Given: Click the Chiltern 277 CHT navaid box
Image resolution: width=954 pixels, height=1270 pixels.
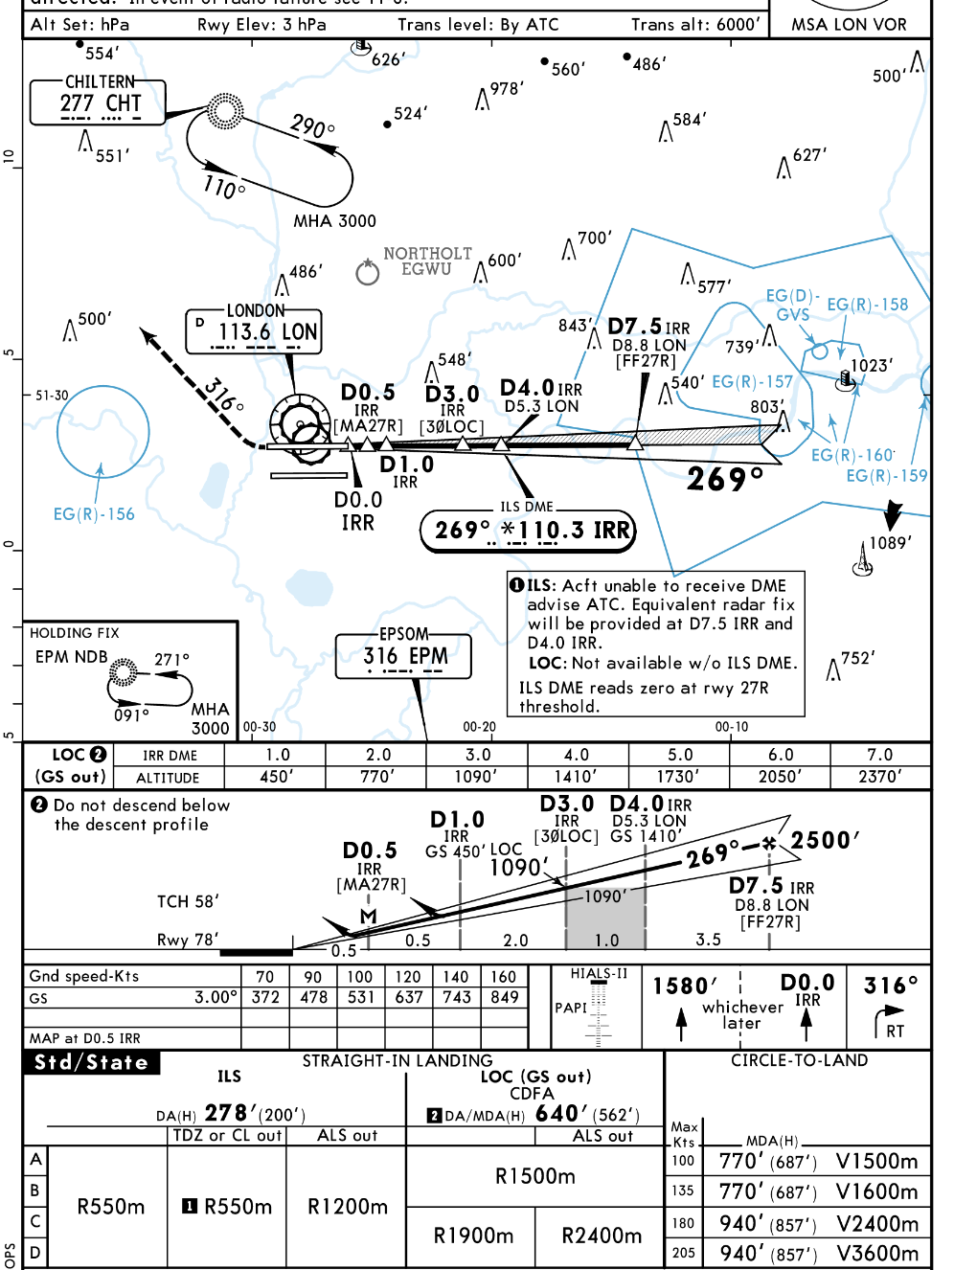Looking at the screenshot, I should tap(99, 102).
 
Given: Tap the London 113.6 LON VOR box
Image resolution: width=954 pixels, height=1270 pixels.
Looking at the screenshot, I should tap(254, 330).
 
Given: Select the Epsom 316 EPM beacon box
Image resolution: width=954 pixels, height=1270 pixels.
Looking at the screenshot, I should tap(403, 655).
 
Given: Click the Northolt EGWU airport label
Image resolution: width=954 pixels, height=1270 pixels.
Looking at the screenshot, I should tap(427, 261).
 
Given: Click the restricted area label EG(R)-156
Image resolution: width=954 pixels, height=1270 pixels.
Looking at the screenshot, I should tap(94, 514).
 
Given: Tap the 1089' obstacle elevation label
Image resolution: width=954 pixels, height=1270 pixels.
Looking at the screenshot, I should tap(890, 543).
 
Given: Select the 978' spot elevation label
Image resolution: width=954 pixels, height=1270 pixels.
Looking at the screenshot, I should tap(507, 89).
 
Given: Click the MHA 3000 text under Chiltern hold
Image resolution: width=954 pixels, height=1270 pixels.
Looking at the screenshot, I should tap(334, 221).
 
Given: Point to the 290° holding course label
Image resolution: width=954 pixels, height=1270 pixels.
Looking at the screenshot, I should tap(312, 126).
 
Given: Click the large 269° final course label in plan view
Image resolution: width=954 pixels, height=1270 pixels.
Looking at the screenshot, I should tap(725, 478).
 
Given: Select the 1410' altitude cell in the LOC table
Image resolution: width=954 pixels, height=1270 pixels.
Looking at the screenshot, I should tap(577, 777).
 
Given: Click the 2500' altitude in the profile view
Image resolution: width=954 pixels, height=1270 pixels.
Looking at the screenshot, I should tap(824, 841).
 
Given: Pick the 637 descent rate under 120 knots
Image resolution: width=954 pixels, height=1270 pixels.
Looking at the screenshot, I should tap(409, 997).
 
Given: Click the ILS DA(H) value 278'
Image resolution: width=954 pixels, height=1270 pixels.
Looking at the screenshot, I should tap(227, 1113).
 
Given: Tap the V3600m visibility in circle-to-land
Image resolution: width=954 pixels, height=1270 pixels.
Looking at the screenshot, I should tap(876, 1253).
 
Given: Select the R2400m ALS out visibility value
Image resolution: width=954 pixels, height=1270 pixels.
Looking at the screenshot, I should tap(602, 1236).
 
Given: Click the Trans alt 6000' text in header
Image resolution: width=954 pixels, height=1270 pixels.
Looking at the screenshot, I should tap(695, 24).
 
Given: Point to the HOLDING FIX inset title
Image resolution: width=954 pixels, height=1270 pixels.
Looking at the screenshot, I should tap(75, 633).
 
